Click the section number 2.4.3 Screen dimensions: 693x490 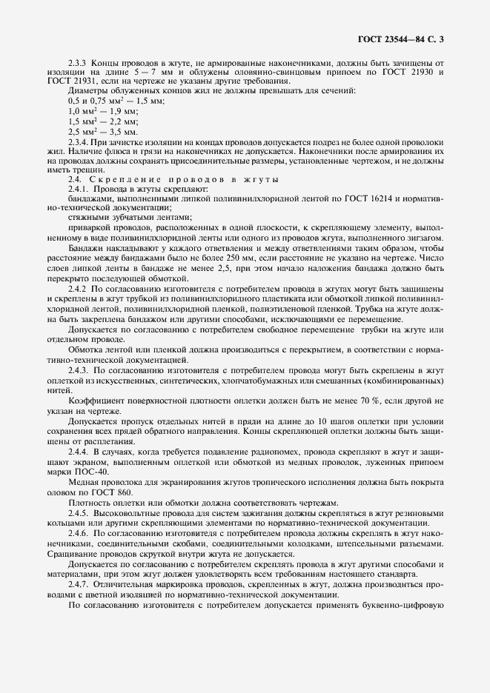coord(79,368)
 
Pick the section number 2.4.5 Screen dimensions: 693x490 coord(79,513)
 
